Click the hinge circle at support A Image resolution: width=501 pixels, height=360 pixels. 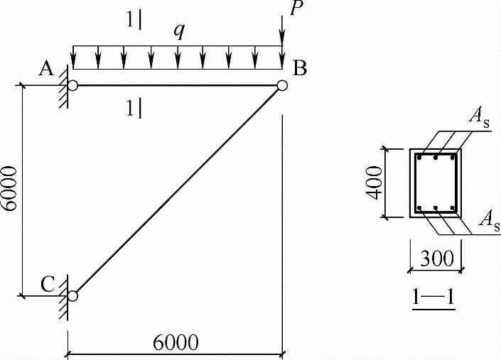[72, 85]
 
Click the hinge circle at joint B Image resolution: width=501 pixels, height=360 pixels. [282, 85]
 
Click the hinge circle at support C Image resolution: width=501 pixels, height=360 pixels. [72, 296]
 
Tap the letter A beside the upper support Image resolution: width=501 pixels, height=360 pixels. [46, 68]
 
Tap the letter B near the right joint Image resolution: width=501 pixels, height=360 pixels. [300, 68]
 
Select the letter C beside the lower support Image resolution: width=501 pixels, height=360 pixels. [48, 284]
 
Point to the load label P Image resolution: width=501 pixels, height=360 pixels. [296, 8]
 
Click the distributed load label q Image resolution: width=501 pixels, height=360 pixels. [180, 31]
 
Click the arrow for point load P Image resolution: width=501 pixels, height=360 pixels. [282, 31]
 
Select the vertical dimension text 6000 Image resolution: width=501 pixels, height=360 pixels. [9, 188]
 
